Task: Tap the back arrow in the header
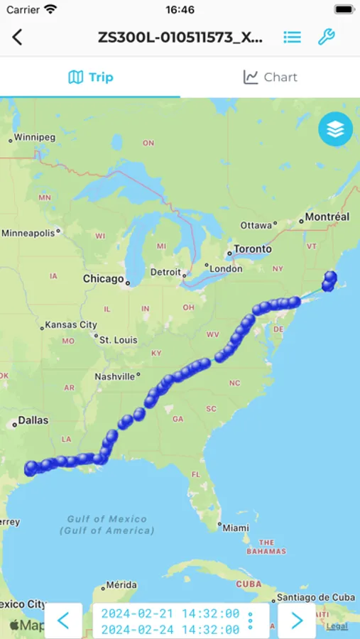point(18,38)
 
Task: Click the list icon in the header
point(292,38)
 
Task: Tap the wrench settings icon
point(326,38)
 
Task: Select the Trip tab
point(90,77)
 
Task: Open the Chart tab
point(270,77)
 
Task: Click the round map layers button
point(335,129)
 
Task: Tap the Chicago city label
point(104,279)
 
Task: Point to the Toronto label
point(252,249)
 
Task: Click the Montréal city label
point(327,217)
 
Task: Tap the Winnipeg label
point(34,137)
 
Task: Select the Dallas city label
point(33,420)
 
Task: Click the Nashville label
point(115,376)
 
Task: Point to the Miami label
point(235,528)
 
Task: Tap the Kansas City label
point(70,325)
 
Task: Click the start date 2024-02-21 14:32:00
point(170,613)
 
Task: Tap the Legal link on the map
point(337,626)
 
